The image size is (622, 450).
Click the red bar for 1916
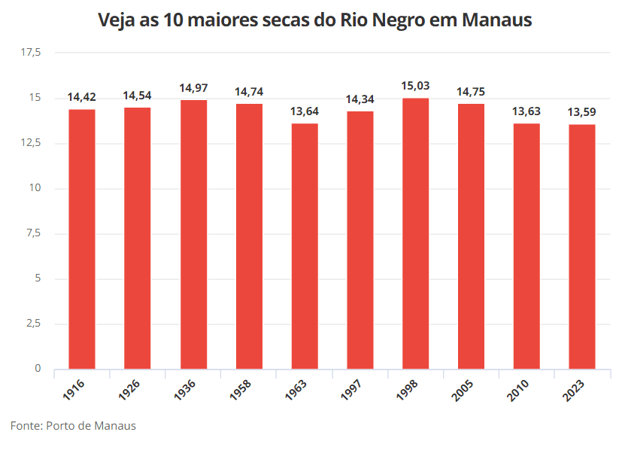[x=82, y=239]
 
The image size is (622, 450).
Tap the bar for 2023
[x=582, y=247]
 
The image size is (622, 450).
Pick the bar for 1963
[x=304, y=246]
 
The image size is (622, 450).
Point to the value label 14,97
[x=193, y=88]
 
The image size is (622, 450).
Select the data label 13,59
[x=582, y=112]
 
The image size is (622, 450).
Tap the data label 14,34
[x=360, y=99]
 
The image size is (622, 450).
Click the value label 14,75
[x=471, y=92]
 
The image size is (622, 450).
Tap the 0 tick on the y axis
[x=37, y=369]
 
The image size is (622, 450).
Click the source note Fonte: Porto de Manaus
[x=73, y=426]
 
